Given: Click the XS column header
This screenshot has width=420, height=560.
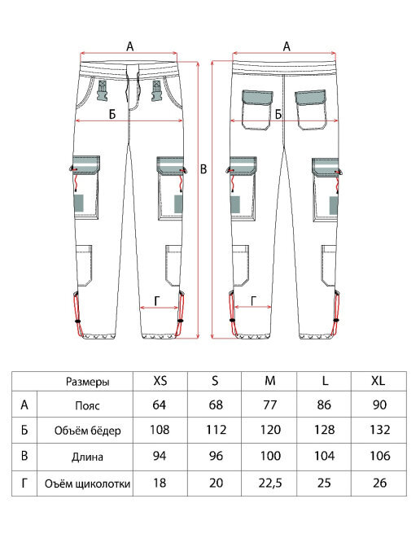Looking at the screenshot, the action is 160,381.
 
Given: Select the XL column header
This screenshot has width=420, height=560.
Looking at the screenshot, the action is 378,381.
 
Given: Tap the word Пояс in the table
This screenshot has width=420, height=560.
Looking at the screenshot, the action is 87,405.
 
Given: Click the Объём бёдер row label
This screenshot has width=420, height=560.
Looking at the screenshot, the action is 88,431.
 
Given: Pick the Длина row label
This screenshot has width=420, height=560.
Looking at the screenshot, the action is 88,457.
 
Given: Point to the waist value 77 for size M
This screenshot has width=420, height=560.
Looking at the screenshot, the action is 270,405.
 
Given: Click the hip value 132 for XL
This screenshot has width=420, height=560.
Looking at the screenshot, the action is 379,429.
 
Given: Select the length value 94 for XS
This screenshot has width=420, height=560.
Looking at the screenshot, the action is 160,456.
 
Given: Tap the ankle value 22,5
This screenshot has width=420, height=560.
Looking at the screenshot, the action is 270,483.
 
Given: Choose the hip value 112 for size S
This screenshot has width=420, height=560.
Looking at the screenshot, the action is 216,429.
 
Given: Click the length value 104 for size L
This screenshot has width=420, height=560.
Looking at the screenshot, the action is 324,456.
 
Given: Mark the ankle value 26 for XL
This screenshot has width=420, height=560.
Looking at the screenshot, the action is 379,483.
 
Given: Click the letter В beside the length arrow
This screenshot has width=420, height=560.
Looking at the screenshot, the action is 203,169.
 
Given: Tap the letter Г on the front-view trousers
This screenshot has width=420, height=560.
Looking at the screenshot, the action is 158,301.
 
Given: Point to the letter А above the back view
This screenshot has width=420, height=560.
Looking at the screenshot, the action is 287,46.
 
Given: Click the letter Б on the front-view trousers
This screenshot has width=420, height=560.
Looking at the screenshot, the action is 112,114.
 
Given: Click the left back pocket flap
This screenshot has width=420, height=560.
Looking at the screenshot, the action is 257,97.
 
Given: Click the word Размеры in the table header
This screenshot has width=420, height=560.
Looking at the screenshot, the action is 88,382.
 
